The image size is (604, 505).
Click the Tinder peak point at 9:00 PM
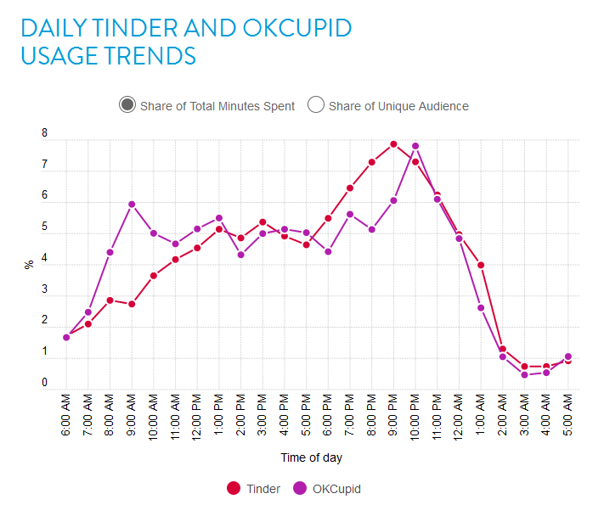(394, 144)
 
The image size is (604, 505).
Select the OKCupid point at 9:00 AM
(132, 205)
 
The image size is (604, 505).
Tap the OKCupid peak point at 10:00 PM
(415, 146)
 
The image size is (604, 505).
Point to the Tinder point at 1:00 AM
(481, 266)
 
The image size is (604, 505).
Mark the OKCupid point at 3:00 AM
(525, 375)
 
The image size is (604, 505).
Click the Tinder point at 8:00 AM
(110, 300)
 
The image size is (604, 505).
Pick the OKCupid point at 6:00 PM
(328, 252)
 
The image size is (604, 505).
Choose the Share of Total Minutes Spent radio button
(127, 105)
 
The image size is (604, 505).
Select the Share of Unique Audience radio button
(316, 105)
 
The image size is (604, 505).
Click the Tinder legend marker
(234, 488)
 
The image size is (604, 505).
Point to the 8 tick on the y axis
(44, 134)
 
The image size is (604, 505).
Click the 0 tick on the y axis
(44, 384)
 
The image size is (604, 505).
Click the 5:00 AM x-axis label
(568, 414)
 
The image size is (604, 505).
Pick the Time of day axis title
(312, 457)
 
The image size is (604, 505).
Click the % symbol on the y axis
(29, 264)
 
